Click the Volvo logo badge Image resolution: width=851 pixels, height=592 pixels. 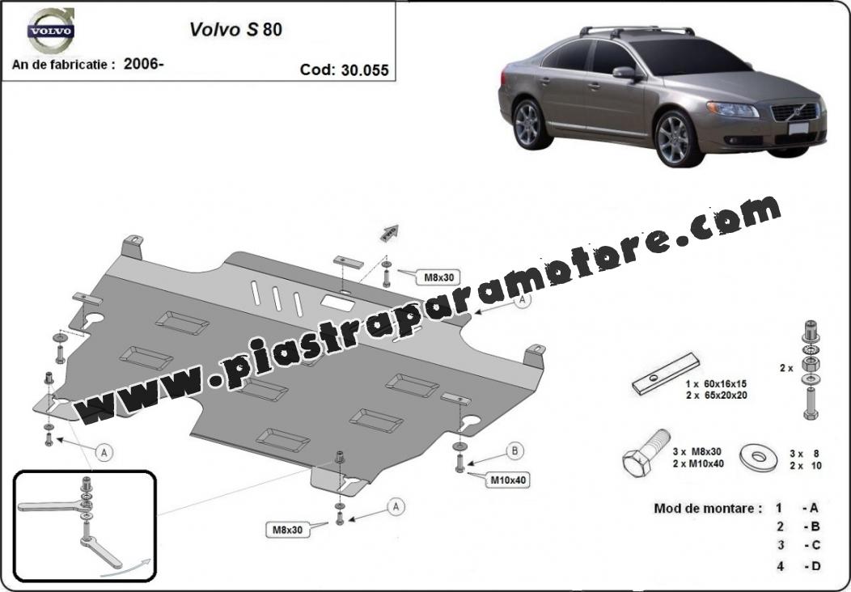pyautogui.click(x=51, y=31)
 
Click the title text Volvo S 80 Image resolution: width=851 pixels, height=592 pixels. pyautogui.click(x=235, y=29)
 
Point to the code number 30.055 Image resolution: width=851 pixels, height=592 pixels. pyautogui.click(x=366, y=70)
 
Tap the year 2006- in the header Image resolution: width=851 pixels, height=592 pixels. pyautogui.click(x=144, y=64)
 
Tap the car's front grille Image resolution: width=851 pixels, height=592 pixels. pyautogui.click(x=794, y=112)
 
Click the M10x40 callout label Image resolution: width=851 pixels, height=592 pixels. pyautogui.click(x=509, y=480)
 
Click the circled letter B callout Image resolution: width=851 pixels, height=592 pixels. pyautogui.click(x=514, y=451)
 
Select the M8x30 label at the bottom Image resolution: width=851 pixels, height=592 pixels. pyautogui.click(x=288, y=530)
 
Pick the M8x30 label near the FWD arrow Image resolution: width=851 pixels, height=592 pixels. pyautogui.click(x=438, y=277)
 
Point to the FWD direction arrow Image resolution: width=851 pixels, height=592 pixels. pyautogui.click(x=389, y=234)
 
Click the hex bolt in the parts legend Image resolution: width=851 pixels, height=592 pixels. pyautogui.click(x=646, y=453)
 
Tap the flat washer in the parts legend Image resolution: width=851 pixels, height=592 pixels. pyautogui.click(x=758, y=458)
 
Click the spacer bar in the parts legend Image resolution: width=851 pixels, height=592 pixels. pyautogui.click(x=666, y=374)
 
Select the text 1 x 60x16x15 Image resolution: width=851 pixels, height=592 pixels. pyautogui.click(x=716, y=384)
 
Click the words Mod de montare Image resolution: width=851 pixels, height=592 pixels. pyautogui.click(x=708, y=509)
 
